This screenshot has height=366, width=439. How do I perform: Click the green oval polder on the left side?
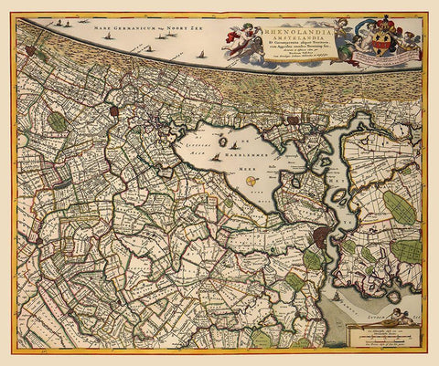coord(58,120)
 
